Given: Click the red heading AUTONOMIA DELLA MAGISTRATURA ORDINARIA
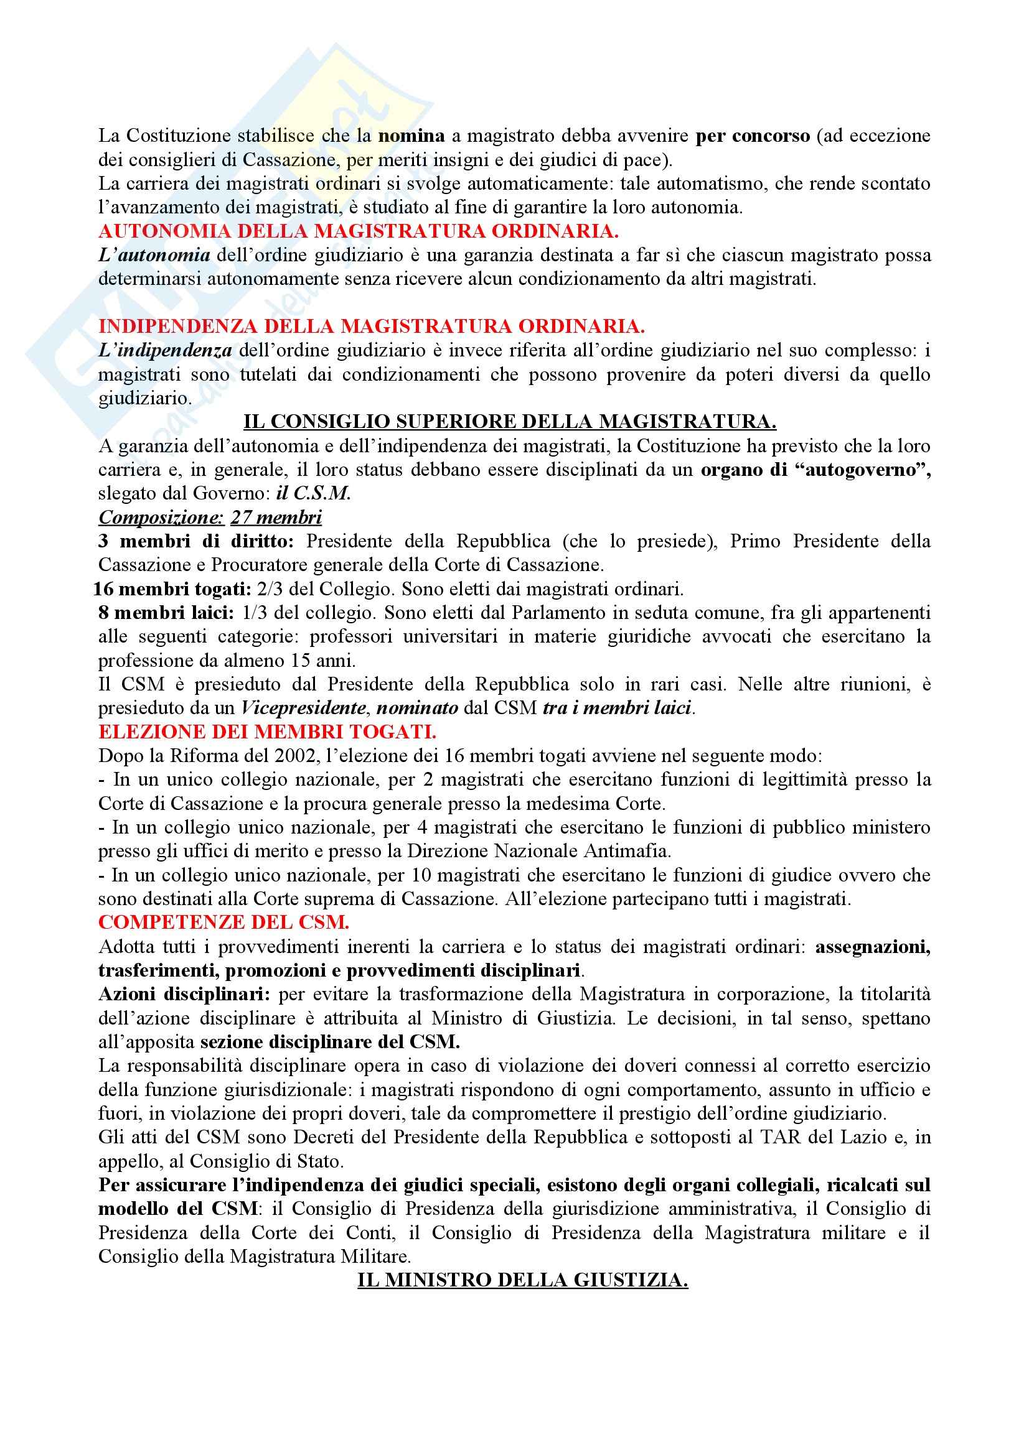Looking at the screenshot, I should pos(358,231).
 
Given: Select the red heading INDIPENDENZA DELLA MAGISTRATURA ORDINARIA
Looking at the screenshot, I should pos(372,327).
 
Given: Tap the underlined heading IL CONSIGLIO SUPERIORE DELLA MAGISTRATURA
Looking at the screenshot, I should pos(510,421).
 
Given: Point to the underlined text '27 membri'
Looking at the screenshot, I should pos(276,518).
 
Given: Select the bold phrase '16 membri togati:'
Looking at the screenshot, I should pos(172,589).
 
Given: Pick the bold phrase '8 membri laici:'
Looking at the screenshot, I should pos(166,613).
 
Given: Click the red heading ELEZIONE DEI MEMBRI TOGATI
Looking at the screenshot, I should pos(267,732).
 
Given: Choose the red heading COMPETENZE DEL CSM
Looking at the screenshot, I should pos(224,923).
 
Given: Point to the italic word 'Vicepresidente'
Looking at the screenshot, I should pos(303,708).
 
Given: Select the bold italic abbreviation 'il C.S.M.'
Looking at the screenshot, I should pos(313,494).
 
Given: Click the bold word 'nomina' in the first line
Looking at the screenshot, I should pos(411,136).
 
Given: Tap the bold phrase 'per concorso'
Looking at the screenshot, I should pos(753,136).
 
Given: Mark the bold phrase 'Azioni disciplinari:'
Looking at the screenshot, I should pos(184,994).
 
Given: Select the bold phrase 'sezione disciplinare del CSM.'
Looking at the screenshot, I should pos(331,1042).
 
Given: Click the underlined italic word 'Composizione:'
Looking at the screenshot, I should pos(161,518).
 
